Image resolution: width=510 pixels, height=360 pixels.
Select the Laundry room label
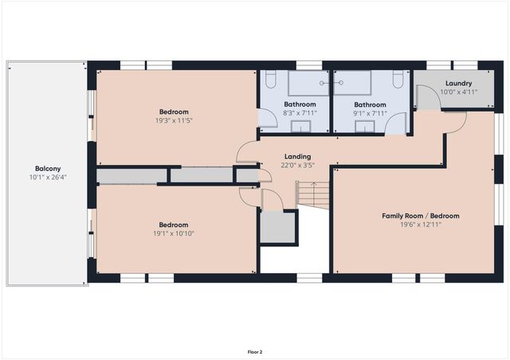[x=458, y=83]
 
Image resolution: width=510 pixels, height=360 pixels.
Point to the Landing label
[x=296, y=156]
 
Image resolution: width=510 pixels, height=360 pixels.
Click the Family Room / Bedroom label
[x=420, y=216]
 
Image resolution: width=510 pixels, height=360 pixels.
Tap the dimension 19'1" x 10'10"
[x=173, y=234]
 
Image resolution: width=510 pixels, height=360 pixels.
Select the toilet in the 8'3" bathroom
[x=269, y=80]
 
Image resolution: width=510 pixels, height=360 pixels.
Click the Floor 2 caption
[x=254, y=351]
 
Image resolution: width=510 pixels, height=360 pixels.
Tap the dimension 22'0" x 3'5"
[x=296, y=165]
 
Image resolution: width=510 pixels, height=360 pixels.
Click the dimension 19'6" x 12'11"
[x=420, y=225]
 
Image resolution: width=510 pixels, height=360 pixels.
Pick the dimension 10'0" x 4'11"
[x=458, y=92]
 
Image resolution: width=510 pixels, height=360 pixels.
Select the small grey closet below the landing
[x=278, y=228]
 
